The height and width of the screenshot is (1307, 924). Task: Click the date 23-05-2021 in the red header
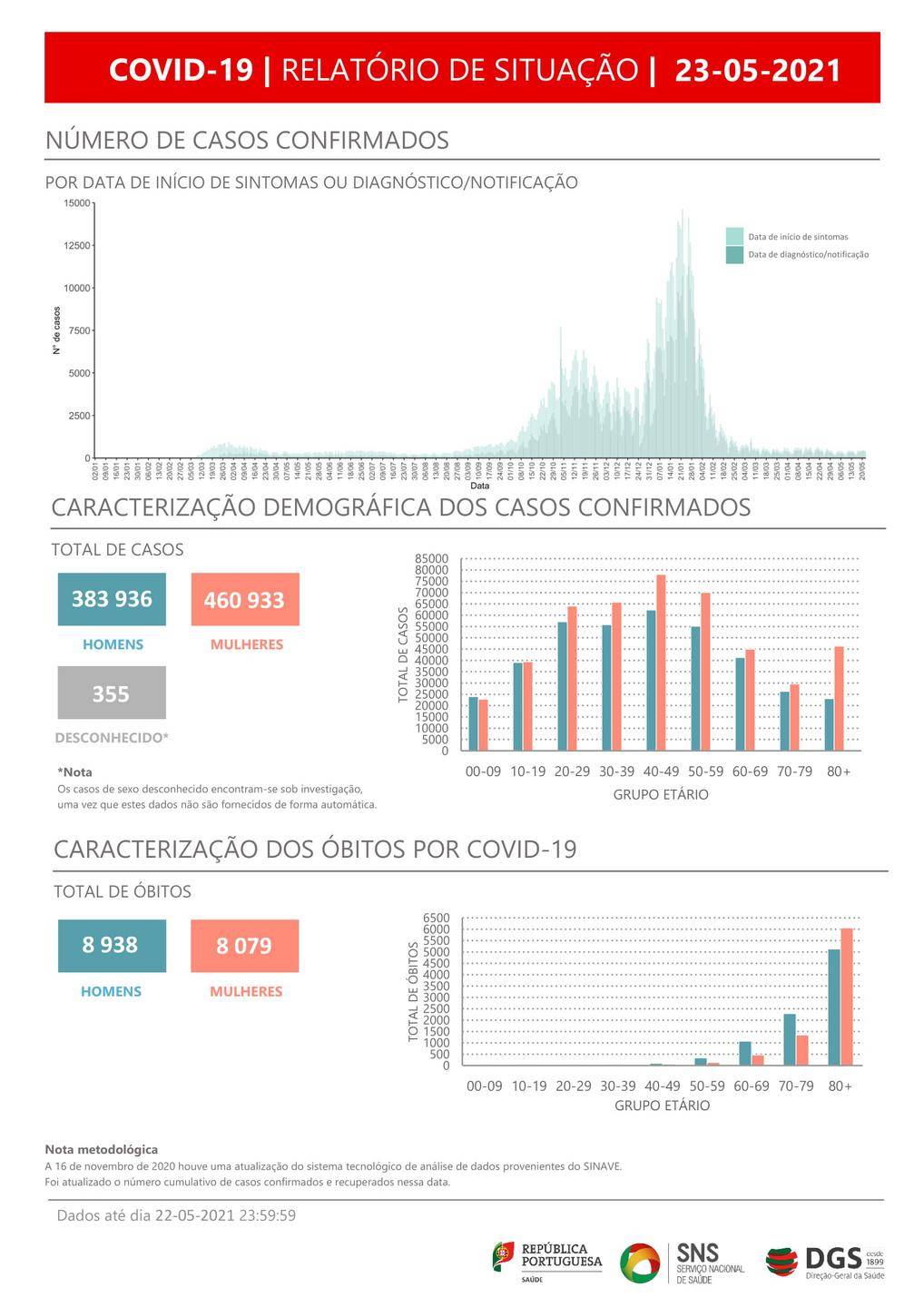click(x=758, y=70)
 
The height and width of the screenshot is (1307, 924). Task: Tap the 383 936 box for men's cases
click(x=112, y=599)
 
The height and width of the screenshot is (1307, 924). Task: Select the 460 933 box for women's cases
click(x=244, y=600)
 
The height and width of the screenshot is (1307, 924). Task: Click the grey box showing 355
click(x=112, y=693)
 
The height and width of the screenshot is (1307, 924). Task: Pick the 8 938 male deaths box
click(x=111, y=945)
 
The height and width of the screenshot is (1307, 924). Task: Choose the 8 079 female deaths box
click(x=244, y=946)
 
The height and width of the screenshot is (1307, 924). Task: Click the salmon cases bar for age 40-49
click(x=661, y=663)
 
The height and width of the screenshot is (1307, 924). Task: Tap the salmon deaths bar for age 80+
click(x=847, y=997)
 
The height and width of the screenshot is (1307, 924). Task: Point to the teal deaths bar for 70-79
click(x=790, y=1039)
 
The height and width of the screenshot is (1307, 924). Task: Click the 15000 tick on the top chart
click(x=77, y=203)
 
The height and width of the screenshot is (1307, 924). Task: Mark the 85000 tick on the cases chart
click(x=432, y=559)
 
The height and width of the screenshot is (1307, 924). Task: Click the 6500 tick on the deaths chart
click(x=437, y=919)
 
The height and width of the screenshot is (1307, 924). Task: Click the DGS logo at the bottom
click(x=824, y=1261)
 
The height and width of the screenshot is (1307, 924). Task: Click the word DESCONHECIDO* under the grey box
click(x=112, y=738)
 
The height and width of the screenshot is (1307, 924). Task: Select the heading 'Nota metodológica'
click(x=101, y=1149)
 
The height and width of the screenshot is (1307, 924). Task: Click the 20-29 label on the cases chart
click(x=572, y=771)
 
